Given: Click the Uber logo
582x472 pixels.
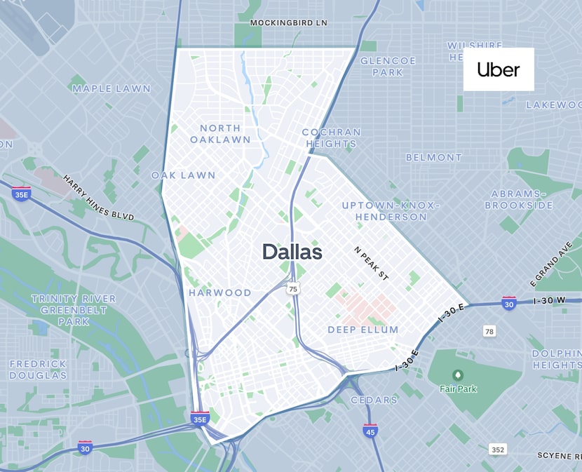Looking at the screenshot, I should [x=499, y=69].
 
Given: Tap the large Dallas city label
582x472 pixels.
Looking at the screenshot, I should [x=292, y=252].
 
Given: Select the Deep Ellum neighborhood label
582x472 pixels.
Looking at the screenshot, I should [x=363, y=330].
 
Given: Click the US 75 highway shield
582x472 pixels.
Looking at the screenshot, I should [x=293, y=289].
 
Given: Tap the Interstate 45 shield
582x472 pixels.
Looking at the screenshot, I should [x=370, y=430].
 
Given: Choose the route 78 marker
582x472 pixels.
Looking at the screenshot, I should [x=489, y=330].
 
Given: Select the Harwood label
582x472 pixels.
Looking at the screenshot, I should [x=219, y=292].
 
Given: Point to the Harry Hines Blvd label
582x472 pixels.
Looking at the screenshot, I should [x=98, y=198].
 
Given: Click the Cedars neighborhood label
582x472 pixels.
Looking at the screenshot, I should [x=374, y=400].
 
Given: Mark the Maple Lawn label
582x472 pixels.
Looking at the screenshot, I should [x=111, y=88].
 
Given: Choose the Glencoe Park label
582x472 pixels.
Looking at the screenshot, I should [x=388, y=66].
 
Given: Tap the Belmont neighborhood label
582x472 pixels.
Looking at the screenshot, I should [x=433, y=157].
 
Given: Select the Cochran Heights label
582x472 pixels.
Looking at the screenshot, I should [x=331, y=137].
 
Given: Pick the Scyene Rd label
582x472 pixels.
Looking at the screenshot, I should [x=560, y=456].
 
